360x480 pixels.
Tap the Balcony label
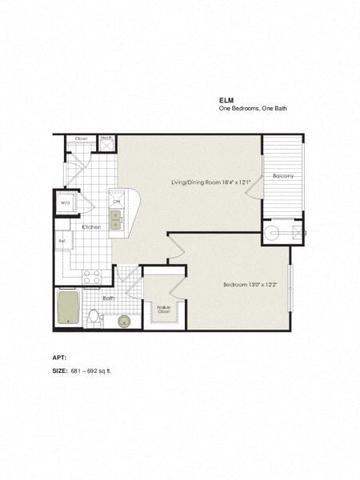[282, 175]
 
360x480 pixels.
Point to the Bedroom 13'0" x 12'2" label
[250, 285]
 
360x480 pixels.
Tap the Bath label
[108, 298]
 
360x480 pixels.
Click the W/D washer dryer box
[66, 203]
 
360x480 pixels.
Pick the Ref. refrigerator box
[62, 242]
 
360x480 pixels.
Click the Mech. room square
[106, 142]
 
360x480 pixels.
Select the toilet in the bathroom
[94, 317]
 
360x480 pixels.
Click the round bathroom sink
[123, 321]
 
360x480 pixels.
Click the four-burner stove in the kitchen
[91, 277]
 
